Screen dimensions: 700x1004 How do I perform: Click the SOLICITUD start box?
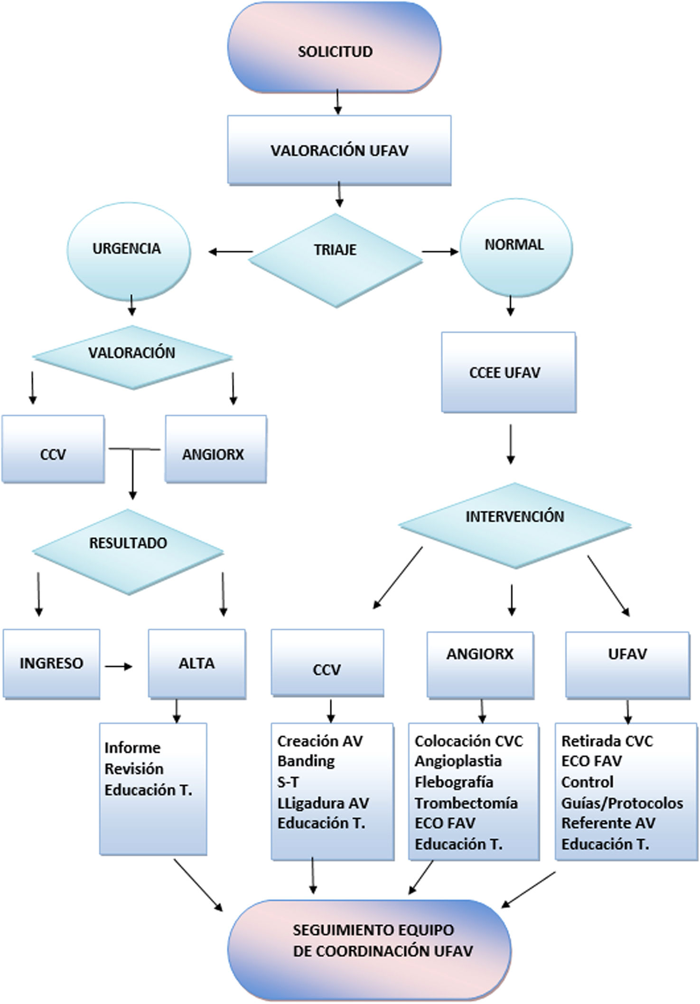point(335,47)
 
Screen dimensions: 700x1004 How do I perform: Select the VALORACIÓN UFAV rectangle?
point(339,150)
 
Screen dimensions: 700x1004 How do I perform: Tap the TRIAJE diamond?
point(336,261)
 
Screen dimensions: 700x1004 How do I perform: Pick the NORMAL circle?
point(516,247)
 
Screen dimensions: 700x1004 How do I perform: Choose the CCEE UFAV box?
point(509,372)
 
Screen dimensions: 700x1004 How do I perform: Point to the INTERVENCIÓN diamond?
point(515,525)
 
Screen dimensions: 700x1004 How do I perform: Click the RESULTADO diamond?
point(128,552)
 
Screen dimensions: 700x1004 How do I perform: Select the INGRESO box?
point(51,664)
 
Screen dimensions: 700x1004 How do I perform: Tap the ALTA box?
point(197,664)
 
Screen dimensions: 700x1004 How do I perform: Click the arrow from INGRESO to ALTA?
point(118,667)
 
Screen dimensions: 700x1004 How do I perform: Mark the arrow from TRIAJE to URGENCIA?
point(231,252)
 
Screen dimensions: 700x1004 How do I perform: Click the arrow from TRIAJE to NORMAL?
point(440,252)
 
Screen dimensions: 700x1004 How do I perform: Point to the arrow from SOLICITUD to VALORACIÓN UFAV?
point(337,101)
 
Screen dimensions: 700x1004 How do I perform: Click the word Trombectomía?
point(466,803)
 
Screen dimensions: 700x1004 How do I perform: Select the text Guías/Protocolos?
point(622,803)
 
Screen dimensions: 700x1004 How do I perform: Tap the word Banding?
point(306,761)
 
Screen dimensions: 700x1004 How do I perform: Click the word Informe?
point(132,748)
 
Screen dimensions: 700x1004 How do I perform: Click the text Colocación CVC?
point(469,741)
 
